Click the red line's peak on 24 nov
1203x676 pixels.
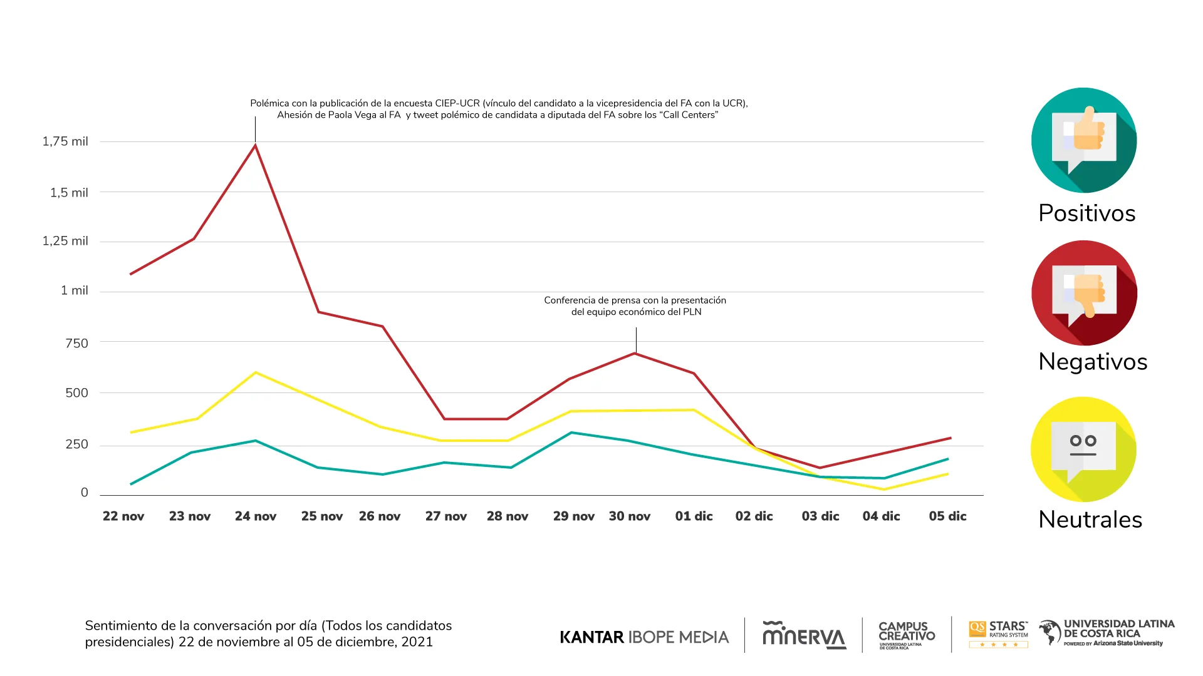[255, 145]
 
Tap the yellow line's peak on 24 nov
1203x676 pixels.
[256, 372]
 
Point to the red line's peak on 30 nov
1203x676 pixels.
[635, 354]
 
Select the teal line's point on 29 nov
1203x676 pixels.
[571, 433]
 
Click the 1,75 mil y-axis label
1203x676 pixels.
[65, 141]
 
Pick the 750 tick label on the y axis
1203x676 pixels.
[76, 343]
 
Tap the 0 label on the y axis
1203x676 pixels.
[85, 493]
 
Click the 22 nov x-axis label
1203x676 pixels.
[123, 516]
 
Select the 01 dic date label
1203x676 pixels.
[694, 516]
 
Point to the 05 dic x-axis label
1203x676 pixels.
[947, 516]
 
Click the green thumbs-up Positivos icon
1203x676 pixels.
[1084, 140]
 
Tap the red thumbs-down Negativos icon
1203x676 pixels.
[1084, 293]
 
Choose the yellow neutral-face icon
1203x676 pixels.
[1083, 449]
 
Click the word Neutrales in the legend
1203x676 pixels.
[1090, 520]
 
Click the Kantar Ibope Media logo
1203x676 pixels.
[644, 637]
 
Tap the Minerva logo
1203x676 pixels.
[804, 635]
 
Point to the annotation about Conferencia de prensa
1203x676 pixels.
[635, 306]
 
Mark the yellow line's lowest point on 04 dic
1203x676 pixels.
[883, 489]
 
